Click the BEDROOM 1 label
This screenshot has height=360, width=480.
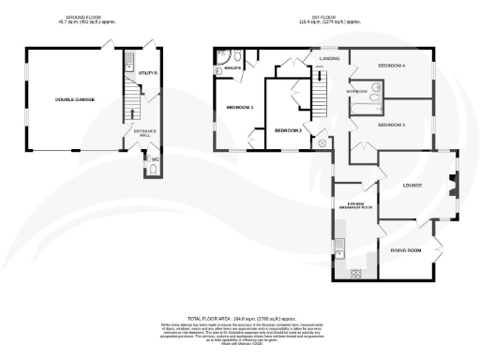(241, 108)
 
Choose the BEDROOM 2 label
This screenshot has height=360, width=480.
(288, 130)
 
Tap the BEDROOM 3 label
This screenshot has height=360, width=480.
(391, 124)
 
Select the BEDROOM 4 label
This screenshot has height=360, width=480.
(391, 66)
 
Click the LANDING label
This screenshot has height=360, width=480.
(329, 58)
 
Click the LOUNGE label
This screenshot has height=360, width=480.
(412, 185)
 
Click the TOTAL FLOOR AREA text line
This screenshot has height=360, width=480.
(239, 319)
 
